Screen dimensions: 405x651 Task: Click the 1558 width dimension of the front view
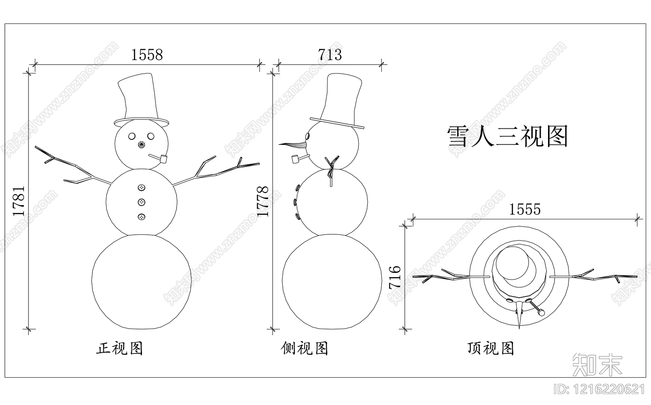[x=147, y=54]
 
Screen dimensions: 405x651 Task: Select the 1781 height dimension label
[x=19, y=201]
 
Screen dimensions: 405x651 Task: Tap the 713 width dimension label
[x=330, y=54]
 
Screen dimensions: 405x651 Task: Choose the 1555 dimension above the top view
[x=525, y=209]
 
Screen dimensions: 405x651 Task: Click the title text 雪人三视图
[x=507, y=136]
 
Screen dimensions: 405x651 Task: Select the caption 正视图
[x=120, y=348]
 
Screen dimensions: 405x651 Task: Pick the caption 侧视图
[x=304, y=348]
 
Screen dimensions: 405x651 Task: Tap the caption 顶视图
[x=491, y=348]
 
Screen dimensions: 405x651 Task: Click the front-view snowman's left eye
[x=132, y=136]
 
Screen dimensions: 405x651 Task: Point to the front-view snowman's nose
[x=141, y=145]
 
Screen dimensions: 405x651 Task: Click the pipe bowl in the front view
[x=164, y=159]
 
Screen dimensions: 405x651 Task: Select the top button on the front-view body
[x=141, y=187]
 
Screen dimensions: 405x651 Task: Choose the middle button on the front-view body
[x=141, y=202]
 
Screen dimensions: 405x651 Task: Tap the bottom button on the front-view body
[x=141, y=217]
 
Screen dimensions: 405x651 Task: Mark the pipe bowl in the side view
[x=295, y=160]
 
